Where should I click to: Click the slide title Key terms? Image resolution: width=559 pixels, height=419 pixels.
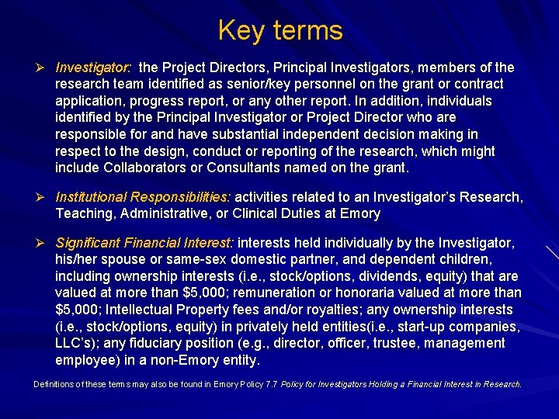[279, 30]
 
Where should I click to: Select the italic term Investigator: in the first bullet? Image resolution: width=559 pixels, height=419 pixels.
[93, 68]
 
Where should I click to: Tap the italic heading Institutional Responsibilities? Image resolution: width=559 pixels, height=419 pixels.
[143, 197]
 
